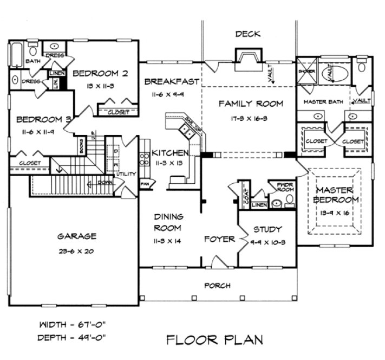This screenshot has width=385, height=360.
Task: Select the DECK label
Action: pos(247,34)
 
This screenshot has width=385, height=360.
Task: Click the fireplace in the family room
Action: pos(247,59)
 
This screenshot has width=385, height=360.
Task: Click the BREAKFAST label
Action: pos(171,81)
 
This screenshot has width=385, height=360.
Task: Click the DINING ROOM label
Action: pos(167,221)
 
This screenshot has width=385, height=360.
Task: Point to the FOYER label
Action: pos(219,239)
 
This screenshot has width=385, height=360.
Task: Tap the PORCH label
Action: pos(217,285)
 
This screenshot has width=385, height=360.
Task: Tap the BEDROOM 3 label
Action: pos(36,119)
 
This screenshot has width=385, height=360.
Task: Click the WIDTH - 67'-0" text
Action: pos(71,325)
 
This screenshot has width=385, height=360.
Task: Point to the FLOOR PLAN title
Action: pos(214,340)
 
